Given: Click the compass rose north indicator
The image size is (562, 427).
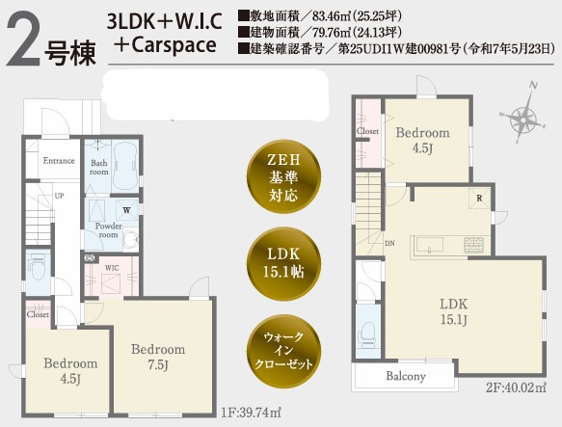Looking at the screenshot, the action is point(533,86).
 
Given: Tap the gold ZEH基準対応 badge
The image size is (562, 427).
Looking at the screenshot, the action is point(283,177).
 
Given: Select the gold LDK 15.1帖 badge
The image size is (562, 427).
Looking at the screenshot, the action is point(283,263).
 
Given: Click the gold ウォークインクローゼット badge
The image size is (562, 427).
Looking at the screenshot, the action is point(283,351).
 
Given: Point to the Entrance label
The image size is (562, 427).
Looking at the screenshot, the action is point(59,160).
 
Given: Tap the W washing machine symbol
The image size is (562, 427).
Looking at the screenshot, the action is point(126,210).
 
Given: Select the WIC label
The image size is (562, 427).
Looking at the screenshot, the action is point(112,268).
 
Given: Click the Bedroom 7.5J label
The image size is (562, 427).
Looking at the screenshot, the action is point(158,357).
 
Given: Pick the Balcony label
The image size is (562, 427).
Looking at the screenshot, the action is point(406,376).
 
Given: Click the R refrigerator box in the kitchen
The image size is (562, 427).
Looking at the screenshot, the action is point(479,198).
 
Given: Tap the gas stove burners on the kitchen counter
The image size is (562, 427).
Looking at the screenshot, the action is point(474,245).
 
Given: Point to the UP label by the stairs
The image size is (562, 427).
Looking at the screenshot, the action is point(60,196).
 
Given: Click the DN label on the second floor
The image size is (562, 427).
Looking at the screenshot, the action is point(390,243).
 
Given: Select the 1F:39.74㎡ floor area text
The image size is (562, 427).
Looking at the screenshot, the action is point(251,413).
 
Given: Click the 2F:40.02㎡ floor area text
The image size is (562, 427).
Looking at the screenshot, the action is point(517,387).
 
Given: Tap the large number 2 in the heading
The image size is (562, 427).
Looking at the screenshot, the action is point(23,39).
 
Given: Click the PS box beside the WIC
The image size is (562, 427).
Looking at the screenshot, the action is point(89,257).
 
